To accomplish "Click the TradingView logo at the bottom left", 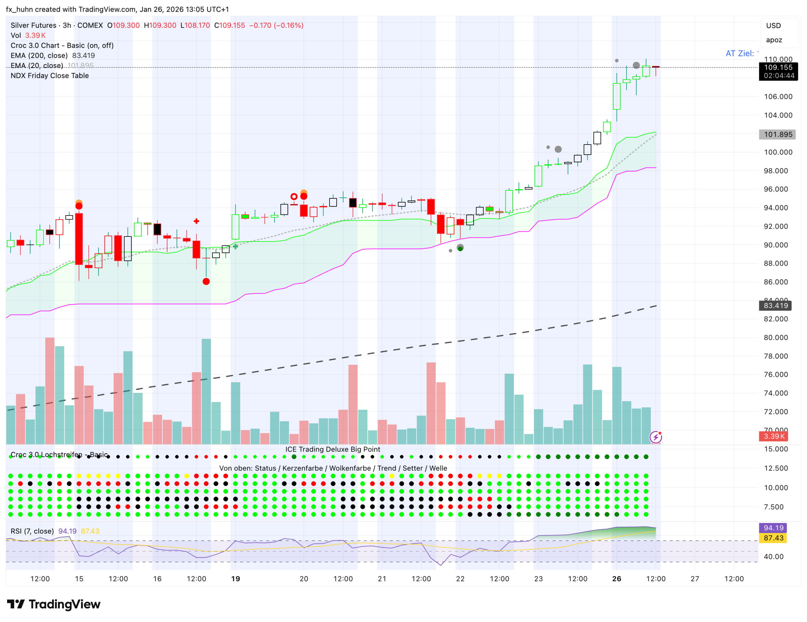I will click(x=54, y=604).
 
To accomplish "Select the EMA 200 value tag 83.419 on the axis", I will click(x=776, y=306).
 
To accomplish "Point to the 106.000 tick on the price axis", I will click(x=778, y=97).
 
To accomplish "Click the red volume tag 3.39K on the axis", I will click(x=774, y=436).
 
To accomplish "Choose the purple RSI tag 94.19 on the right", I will click(x=773, y=528).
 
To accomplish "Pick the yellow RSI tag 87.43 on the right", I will click(x=773, y=538).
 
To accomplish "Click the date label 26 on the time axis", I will click(x=616, y=579).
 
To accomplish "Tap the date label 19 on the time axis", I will click(x=235, y=579).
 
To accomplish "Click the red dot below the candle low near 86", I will click(x=206, y=281).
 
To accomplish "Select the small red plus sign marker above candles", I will click(x=196, y=221).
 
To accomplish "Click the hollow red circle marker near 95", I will click(x=294, y=196).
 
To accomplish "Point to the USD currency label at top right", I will click(x=773, y=26).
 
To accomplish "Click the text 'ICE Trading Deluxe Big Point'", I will click(x=332, y=449).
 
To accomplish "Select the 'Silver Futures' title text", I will click(x=33, y=25).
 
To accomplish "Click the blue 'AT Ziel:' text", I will click(x=740, y=54).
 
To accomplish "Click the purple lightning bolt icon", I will click(x=656, y=437).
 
